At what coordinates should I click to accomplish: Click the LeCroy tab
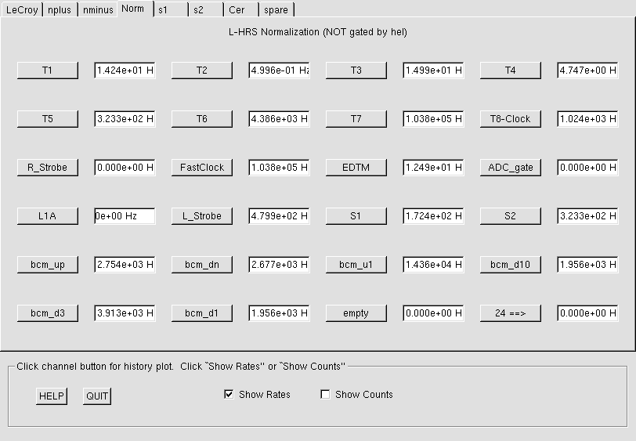22,9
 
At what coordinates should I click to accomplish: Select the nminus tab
98,9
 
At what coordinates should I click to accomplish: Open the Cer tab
241,9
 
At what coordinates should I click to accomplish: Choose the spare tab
276,9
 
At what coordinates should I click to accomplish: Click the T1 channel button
48,70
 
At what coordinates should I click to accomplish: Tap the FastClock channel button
202,168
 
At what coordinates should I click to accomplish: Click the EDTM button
356,168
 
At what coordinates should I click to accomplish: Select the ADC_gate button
510,168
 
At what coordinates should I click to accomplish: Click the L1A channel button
48,216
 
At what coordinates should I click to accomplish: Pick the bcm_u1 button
356,265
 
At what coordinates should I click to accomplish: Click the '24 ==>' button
510,313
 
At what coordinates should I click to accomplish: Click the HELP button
52,396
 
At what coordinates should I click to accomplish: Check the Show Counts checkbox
325,394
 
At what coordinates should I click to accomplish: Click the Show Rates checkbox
229,394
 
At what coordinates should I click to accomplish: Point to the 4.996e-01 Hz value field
279,70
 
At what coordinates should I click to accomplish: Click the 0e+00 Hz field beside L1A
125,216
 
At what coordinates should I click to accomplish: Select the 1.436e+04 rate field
433,265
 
